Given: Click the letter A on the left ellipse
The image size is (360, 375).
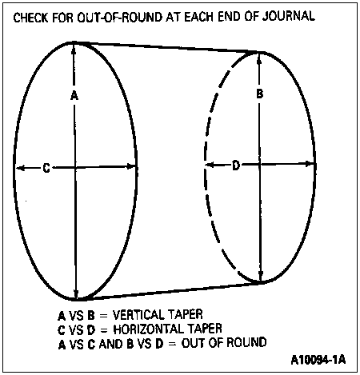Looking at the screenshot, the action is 74,95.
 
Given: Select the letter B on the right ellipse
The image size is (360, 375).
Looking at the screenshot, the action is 259,94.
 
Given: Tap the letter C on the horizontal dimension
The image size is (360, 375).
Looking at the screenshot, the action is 46,168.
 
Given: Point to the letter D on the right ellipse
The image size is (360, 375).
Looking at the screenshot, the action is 236,166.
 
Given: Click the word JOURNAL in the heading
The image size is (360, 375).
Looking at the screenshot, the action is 289,16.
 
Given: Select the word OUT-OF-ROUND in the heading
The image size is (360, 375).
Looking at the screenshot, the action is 120,18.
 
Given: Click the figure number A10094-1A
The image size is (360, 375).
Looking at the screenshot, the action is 318,360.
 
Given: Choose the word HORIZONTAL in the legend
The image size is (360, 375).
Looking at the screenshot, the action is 148,329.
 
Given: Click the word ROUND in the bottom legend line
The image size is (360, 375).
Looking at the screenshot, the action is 246,342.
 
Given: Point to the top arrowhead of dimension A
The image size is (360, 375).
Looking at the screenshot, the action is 74,49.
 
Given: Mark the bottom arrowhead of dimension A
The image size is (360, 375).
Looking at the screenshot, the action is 77,293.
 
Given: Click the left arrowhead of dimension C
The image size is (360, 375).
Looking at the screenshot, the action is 21,168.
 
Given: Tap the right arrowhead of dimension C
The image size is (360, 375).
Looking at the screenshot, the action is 131,167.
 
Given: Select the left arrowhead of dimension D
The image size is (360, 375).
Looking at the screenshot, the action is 210,165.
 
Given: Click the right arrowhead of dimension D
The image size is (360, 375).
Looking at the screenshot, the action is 310,164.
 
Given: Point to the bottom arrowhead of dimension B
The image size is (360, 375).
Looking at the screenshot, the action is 261,276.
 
